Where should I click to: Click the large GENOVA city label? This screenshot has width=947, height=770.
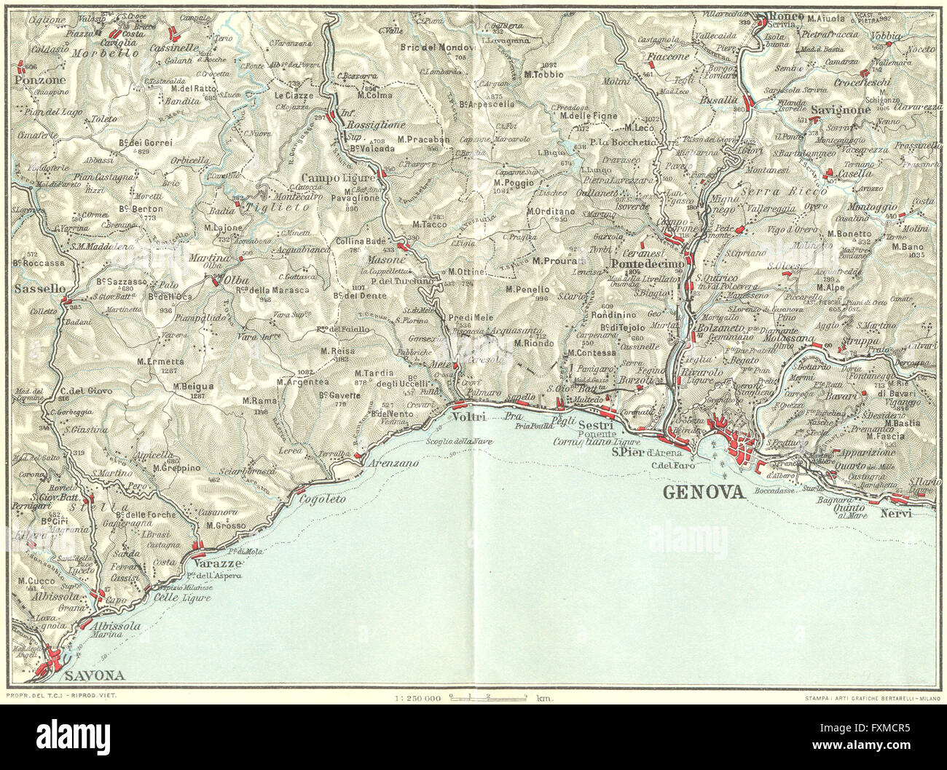[704, 493]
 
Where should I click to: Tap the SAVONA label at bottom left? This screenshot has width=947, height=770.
[94, 675]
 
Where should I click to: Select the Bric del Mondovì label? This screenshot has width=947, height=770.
[438, 48]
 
